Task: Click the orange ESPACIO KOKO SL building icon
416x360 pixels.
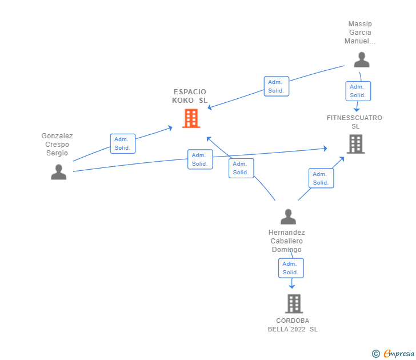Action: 191,118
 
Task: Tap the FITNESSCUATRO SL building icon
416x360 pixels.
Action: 356,144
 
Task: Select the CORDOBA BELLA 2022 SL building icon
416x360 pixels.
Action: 294,304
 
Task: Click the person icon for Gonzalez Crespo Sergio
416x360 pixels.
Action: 59,172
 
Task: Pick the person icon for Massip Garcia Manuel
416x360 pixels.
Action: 362,59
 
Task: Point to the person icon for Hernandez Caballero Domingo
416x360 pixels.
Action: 288,217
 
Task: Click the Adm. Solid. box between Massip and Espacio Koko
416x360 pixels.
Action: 277,86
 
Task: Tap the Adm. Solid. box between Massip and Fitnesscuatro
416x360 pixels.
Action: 358,91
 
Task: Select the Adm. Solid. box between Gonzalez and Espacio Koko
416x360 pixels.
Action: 123,143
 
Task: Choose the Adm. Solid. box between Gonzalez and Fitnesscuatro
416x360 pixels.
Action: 201,159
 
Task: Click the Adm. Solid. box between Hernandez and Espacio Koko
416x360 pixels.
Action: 241,168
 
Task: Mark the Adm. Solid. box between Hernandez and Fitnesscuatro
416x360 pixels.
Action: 321,178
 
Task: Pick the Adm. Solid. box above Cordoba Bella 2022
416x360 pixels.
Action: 291,268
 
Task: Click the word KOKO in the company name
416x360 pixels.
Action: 183,101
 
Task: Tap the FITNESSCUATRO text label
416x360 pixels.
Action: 354,118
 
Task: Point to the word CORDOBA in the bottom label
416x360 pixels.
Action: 293,321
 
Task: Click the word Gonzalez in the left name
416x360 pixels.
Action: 57,136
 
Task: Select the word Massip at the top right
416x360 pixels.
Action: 360,24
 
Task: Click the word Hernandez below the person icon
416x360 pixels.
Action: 286,233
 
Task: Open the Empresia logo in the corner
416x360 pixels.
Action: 393,353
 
